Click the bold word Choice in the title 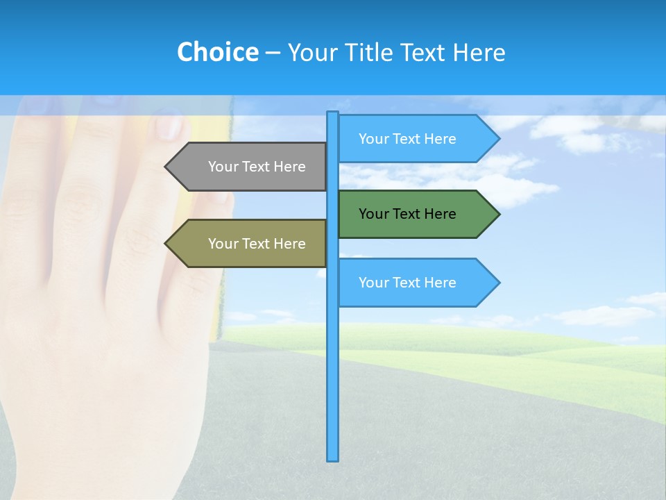217,52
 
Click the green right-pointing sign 409,214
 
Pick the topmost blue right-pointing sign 409,139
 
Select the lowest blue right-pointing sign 409,283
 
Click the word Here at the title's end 479,52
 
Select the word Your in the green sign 373,214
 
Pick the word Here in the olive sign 289,244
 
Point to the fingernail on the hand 169,127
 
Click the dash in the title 273,53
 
